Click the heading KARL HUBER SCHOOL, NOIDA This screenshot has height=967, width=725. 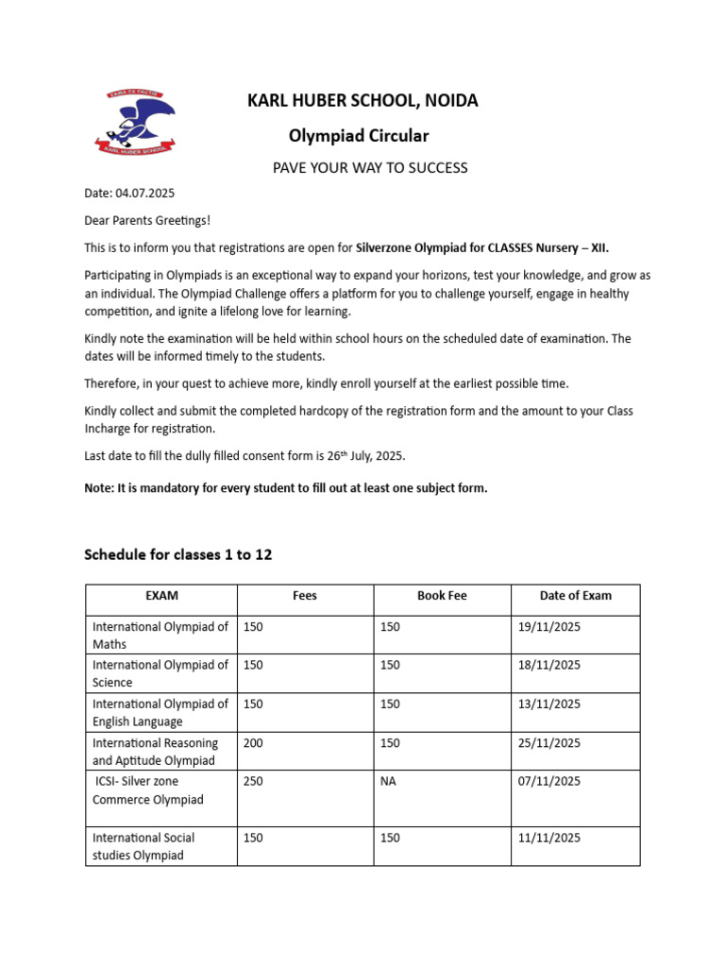click(x=362, y=101)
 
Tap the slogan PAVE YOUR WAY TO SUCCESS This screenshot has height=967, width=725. click(x=370, y=168)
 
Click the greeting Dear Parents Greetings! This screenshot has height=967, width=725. click(x=148, y=221)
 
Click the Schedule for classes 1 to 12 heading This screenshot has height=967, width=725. click(x=178, y=554)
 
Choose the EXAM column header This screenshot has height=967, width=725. click(x=161, y=596)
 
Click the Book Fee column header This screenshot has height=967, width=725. click(x=442, y=596)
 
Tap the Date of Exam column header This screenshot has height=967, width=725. click(x=575, y=596)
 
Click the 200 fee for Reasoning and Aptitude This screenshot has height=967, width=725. click(x=253, y=743)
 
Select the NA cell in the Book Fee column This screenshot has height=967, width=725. click(x=388, y=782)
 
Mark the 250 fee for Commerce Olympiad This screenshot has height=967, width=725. click(x=253, y=782)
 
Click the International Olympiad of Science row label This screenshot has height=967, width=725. click(x=160, y=673)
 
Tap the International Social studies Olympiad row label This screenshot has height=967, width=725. click(x=144, y=846)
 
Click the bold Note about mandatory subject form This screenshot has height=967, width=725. click(x=286, y=489)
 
